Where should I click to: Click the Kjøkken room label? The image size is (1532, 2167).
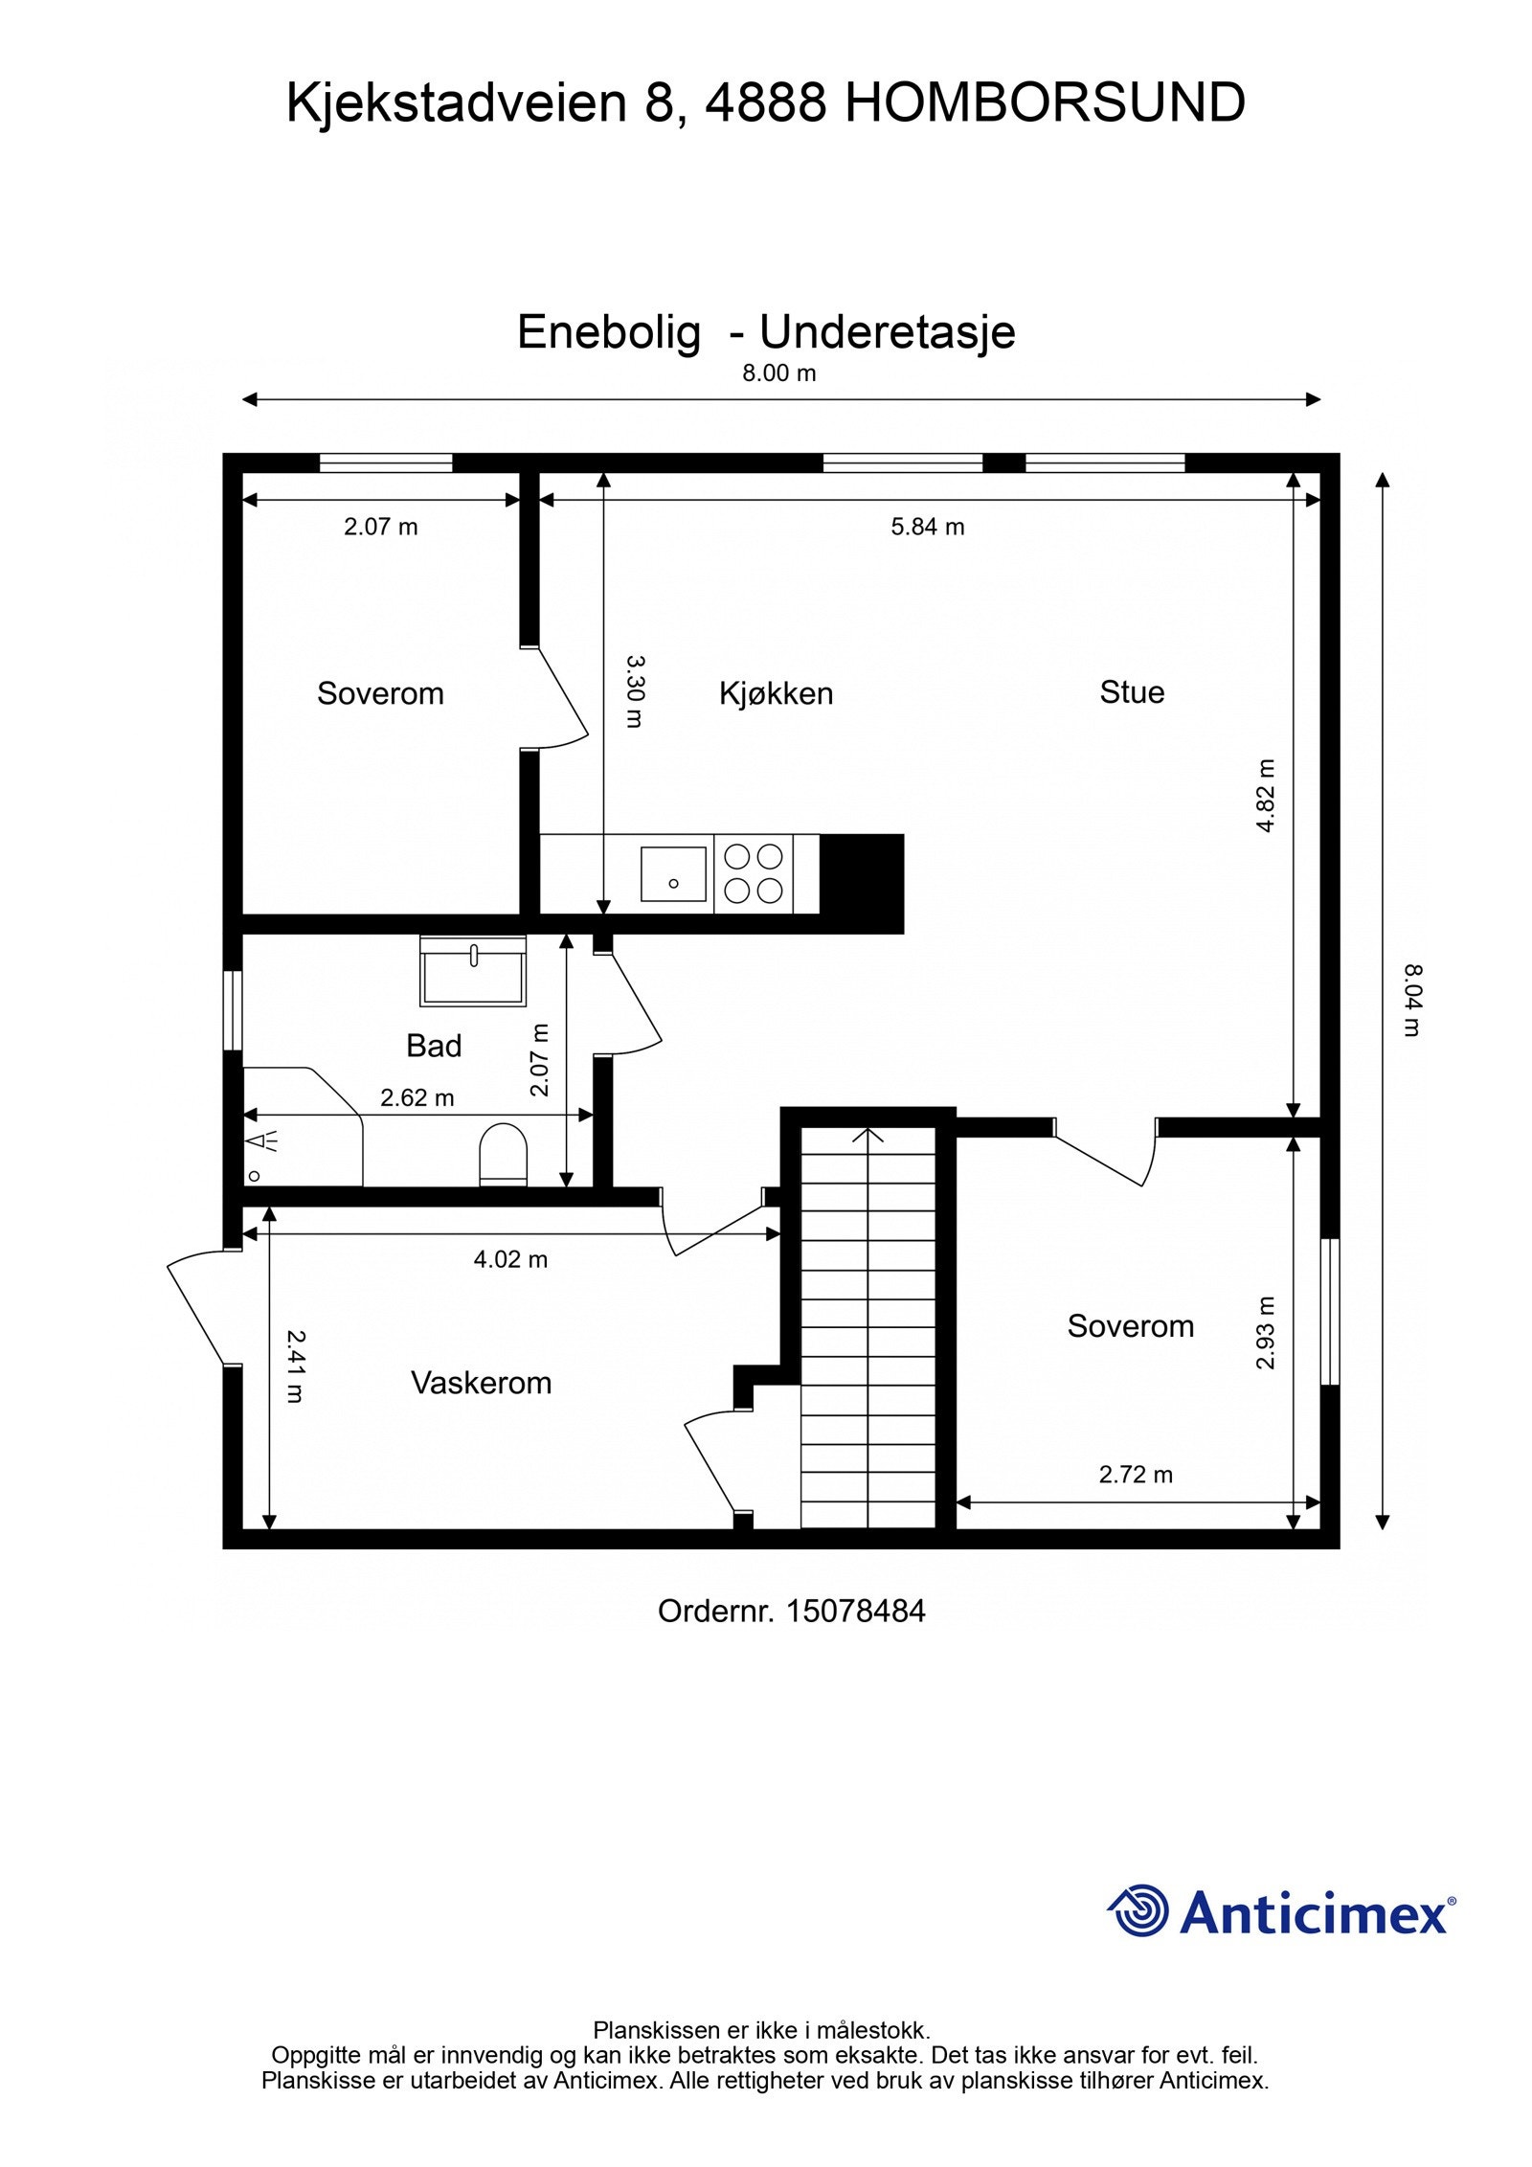tap(776, 693)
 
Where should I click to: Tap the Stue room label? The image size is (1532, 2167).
tap(1132, 692)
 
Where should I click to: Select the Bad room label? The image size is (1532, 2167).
tap(434, 1046)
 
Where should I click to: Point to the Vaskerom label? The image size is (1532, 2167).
tap(482, 1383)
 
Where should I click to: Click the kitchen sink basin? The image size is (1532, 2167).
tap(673, 874)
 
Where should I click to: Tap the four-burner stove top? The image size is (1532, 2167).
tap(754, 873)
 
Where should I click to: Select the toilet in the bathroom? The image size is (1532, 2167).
tap(503, 1154)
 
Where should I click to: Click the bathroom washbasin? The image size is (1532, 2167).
tap(473, 971)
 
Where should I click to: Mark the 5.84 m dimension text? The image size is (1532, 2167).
tap(928, 527)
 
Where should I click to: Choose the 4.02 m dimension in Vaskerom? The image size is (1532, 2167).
tap(510, 1259)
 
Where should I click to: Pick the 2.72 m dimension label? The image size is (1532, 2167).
tap(1136, 1475)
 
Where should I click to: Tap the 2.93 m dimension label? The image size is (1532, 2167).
tap(1266, 1332)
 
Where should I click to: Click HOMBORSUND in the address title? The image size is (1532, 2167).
tap(1045, 103)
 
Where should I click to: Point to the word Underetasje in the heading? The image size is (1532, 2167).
tap(888, 332)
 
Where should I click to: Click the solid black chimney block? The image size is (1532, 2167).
tap(862, 883)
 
